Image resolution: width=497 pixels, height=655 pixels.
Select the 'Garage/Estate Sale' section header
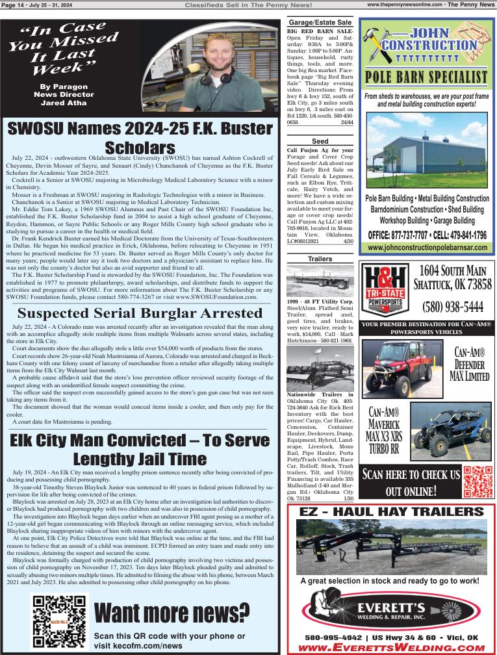pos(320,22)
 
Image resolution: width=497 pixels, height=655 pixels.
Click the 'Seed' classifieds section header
pos(320,141)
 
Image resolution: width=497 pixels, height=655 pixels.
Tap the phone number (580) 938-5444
pos(452,307)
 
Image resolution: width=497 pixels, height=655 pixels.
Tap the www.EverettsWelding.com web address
pos(392,647)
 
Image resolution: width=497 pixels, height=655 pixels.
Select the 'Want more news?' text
pos(172,613)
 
